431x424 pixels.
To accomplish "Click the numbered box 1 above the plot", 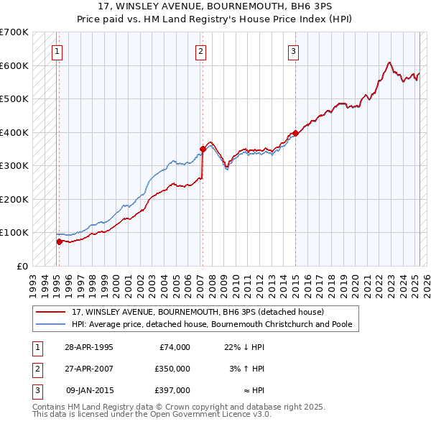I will click(x=57, y=51).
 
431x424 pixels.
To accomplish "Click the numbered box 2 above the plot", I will click(x=200, y=51).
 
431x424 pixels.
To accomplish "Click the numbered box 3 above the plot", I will click(x=294, y=51).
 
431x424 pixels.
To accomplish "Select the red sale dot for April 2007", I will click(x=203, y=149).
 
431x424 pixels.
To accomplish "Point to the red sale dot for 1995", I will click(x=59, y=241).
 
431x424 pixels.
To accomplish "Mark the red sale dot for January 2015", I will click(x=295, y=133).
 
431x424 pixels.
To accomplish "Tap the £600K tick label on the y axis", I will click(x=14, y=65).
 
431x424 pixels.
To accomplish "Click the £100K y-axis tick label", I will click(x=14, y=233).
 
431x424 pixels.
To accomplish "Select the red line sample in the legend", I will click(x=51, y=312).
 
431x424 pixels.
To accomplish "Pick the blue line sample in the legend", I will click(x=51, y=324).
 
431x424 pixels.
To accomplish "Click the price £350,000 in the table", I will click(x=173, y=369).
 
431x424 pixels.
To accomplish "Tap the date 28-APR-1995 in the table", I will click(x=89, y=347).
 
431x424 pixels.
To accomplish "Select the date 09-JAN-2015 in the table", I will click(x=89, y=390).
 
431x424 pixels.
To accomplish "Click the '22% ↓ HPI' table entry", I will click(x=244, y=347).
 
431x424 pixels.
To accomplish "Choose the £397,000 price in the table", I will click(x=173, y=390).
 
